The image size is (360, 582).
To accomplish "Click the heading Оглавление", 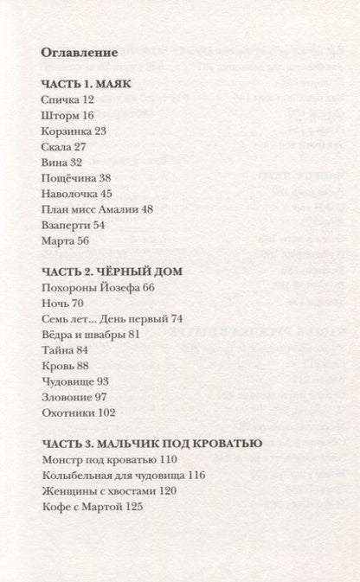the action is [79, 53].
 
